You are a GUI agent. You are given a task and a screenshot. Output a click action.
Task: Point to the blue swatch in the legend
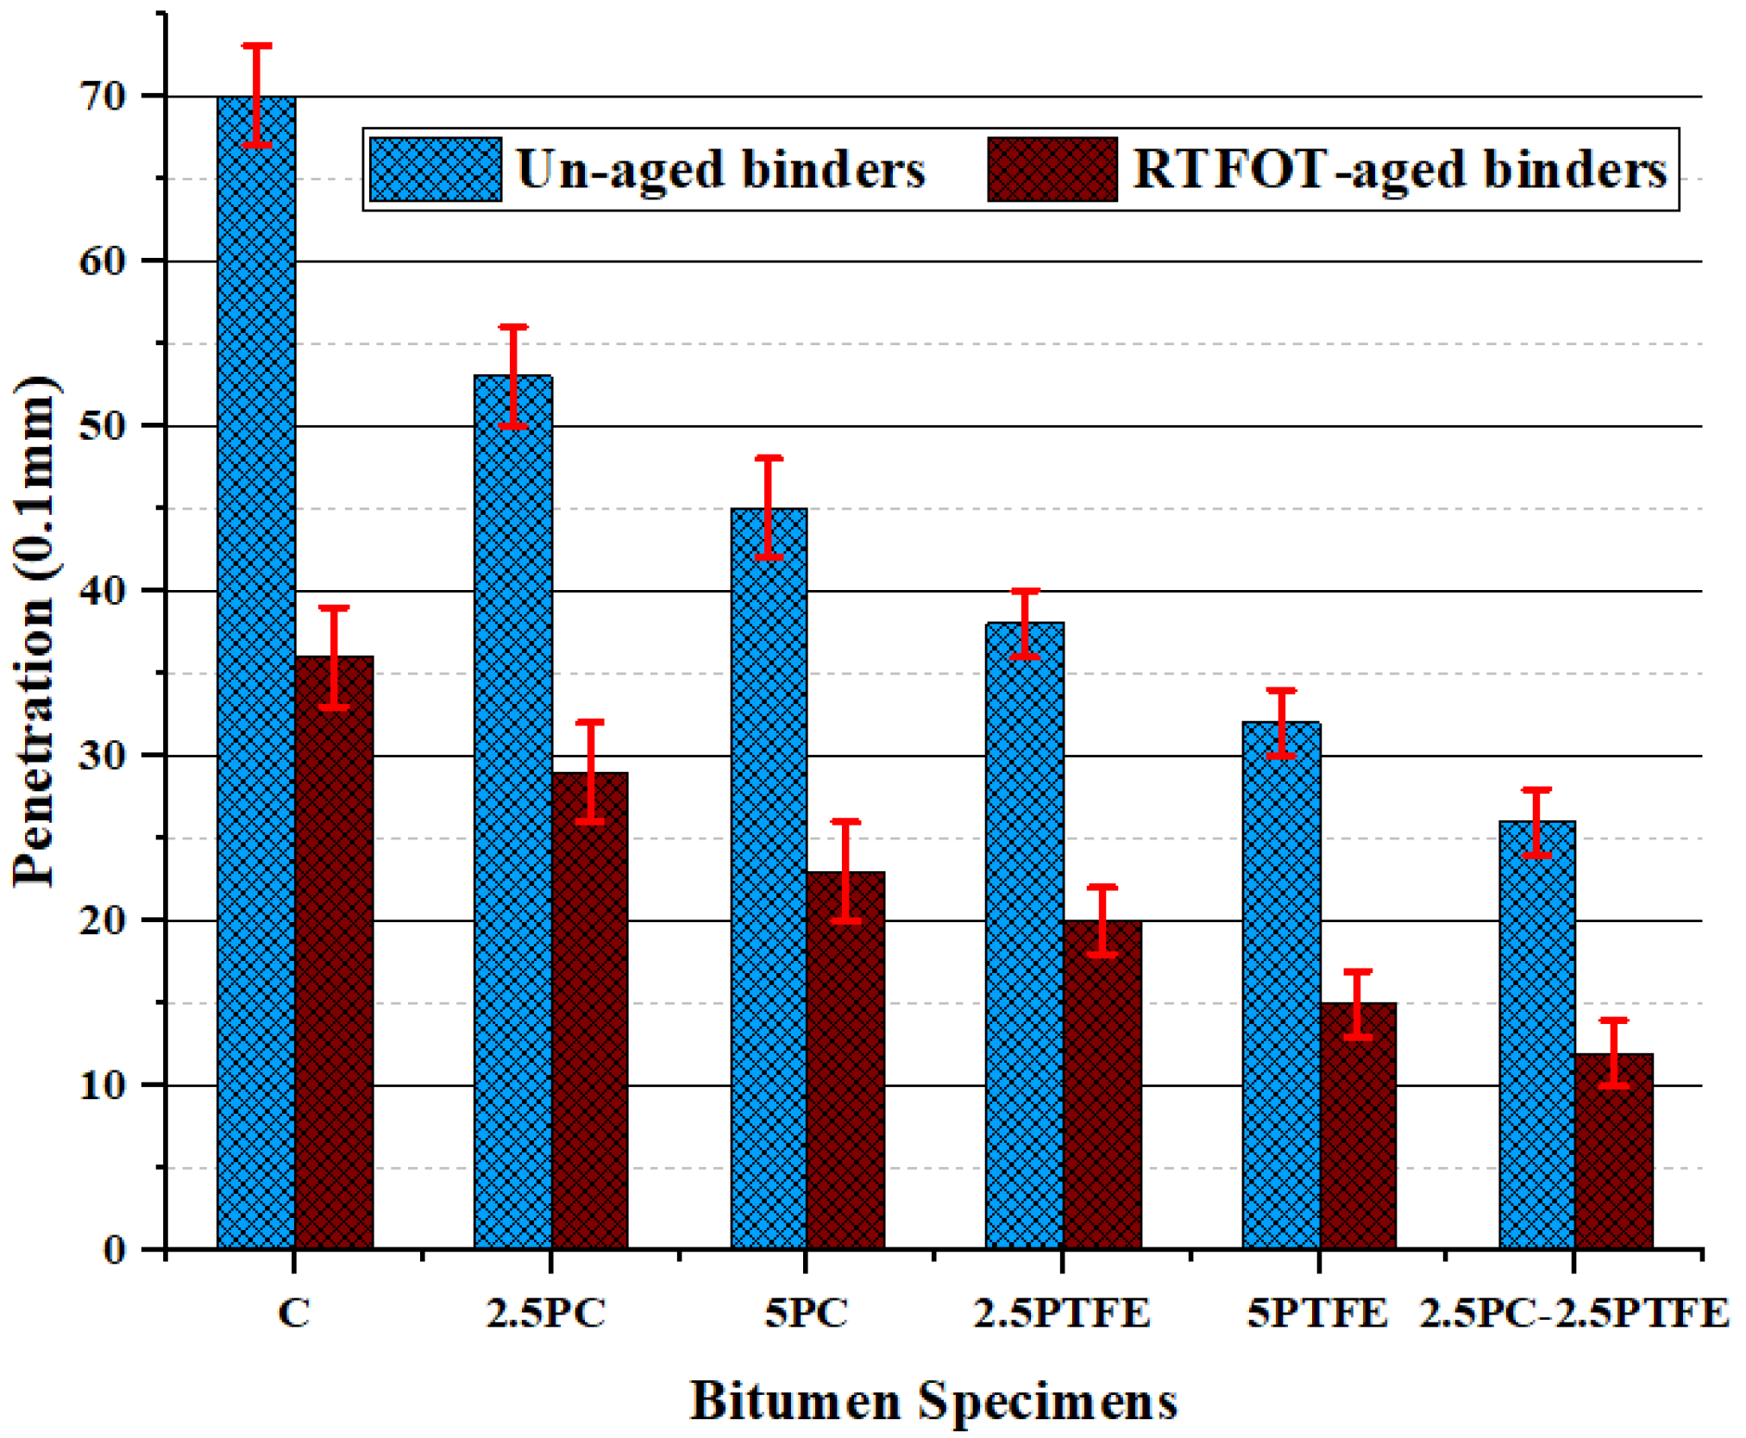[x=436, y=169]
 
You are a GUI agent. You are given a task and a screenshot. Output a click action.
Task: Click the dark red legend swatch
[x=1052, y=169]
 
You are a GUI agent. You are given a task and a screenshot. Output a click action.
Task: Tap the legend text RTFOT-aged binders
[x=1399, y=169]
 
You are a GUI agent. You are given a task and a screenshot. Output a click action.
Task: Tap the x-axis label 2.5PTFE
[x=1062, y=1314]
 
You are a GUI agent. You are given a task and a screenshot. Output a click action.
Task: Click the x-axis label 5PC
[x=807, y=1314]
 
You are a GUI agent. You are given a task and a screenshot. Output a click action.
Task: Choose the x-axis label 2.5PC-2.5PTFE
[x=1574, y=1314]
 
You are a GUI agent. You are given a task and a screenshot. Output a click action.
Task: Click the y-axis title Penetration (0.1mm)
[x=36, y=631]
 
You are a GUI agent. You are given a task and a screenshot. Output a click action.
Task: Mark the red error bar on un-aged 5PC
[x=769, y=507]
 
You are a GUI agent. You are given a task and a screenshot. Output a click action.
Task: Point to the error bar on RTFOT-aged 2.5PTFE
[x=1102, y=920]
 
